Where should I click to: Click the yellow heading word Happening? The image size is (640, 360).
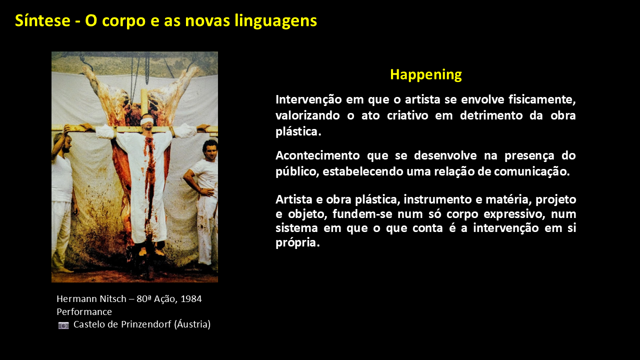coord(425,75)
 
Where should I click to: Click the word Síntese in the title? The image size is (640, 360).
coord(42,20)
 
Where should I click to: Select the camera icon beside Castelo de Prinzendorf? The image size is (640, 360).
coord(63,325)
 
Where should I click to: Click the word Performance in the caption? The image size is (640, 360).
coord(84,311)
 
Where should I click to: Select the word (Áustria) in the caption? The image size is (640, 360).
coord(192,324)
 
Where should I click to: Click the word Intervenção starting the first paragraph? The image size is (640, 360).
coord(308,99)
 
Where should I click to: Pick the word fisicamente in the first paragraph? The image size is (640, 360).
coord(542,99)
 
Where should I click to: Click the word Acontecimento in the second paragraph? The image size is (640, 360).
coord(317,155)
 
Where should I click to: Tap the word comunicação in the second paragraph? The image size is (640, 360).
coord(532,171)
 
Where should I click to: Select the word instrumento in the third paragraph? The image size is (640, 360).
coord(437,199)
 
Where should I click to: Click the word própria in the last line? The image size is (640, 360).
coord(297,243)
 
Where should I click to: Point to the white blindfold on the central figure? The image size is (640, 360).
coord(147,121)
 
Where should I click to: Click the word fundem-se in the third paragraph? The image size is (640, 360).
coord(362,214)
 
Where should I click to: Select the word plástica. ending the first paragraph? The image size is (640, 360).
coord(298,131)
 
